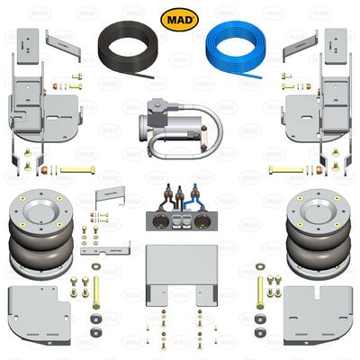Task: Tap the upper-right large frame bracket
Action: [x=316, y=108]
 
